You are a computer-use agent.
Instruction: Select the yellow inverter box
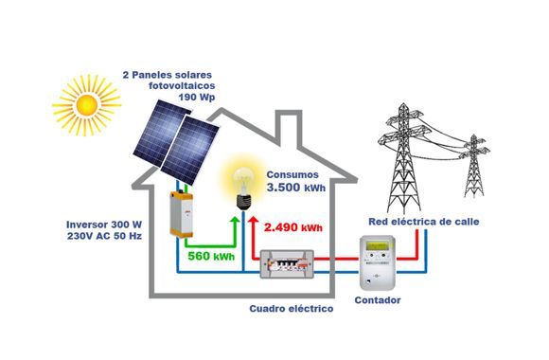[x=180, y=213]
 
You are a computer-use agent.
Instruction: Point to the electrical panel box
[x=293, y=266]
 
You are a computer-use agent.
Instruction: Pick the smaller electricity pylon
[x=473, y=166]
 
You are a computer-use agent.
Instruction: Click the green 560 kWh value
[x=212, y=257]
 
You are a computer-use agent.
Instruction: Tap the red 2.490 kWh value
[x=293, y=228]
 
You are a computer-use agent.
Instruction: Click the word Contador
[x=377, y=300]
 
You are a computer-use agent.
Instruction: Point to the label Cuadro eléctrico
[x=291, y=308]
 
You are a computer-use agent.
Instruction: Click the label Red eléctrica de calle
[x=423, y=222]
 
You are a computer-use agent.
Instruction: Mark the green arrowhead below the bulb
[x=235, y=217]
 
